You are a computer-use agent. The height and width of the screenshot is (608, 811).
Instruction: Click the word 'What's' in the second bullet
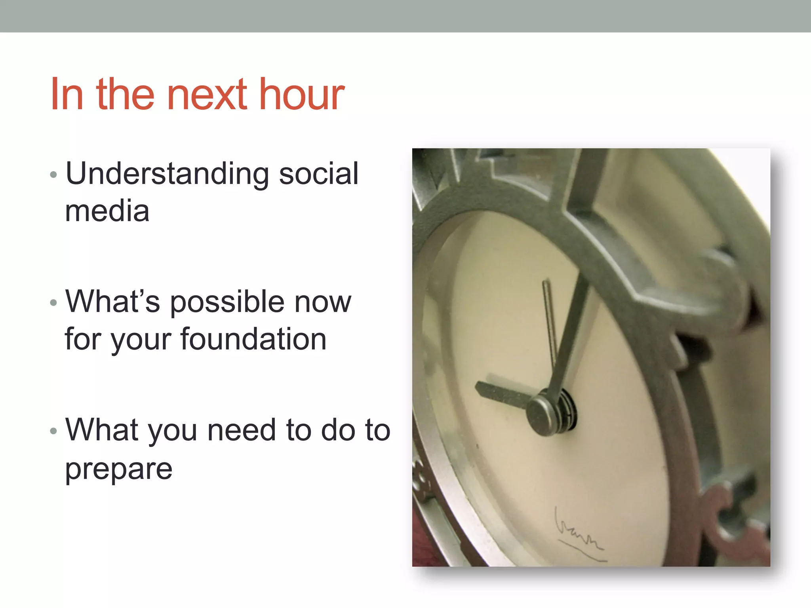(112, 302)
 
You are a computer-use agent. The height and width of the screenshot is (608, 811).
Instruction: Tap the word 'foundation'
(253, 339)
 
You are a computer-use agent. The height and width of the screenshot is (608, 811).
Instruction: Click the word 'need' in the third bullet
(241, 430)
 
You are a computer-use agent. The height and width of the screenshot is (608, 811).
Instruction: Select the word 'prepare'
(119, 470)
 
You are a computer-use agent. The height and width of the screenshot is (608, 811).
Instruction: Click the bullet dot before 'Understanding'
(54, 175)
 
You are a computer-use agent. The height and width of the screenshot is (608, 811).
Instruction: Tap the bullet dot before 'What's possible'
(54, 303)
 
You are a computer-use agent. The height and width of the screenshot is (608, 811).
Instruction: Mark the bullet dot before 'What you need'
(54, 431)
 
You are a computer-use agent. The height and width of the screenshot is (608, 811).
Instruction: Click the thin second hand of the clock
(550, 317)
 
